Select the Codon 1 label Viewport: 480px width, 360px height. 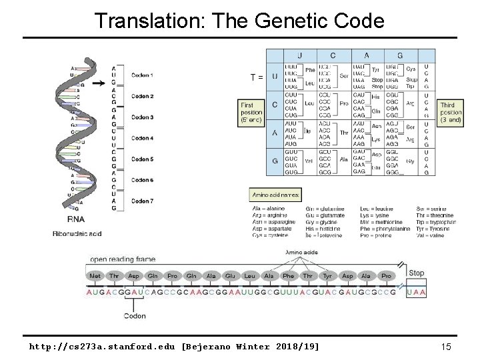pyautogui.click(x=143, y=75)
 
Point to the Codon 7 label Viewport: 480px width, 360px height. pyautogui.click(x=143, y=201)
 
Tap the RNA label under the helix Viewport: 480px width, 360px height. pyautogui.click(x=75, y=219)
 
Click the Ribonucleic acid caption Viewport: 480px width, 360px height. pyautogui.click(x=78, y=233)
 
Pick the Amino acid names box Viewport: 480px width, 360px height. pyautogui.click(x=276, y=195)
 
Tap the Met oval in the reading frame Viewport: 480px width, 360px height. pyautogui.click(x=96, y=276)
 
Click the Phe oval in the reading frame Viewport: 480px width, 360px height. pyautogui.click(x=288, y=276)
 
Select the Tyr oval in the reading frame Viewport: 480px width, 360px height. pyautogui.click(x=327, y=276)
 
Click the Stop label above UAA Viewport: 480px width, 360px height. pyautogui.click(x=417, y=273)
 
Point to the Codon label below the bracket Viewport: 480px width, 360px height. pyautogui.click(x=134, y=315)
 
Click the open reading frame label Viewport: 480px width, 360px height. pyautogui.click(x=123, y=259)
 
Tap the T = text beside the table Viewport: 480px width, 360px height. pyautogui.click(x=256, y=77)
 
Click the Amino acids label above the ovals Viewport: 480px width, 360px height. pyautogui.click(x=301, y=253)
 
